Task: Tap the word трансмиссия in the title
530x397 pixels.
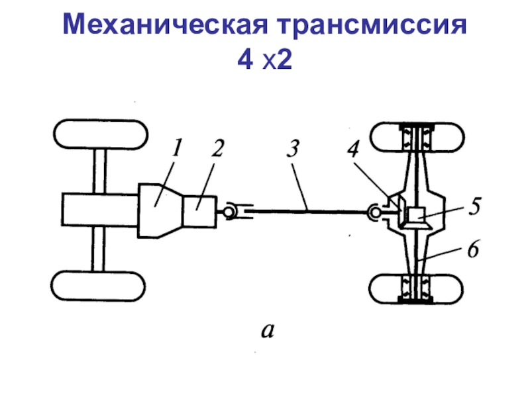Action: [x=374, y=28]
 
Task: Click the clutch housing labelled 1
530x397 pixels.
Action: [x=160, y=210]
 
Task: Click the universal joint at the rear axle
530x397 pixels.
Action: [x=376, y=212]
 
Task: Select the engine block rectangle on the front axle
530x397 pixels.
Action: [x=99, y=210]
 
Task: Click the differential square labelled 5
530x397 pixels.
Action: [x=416, y=214]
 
